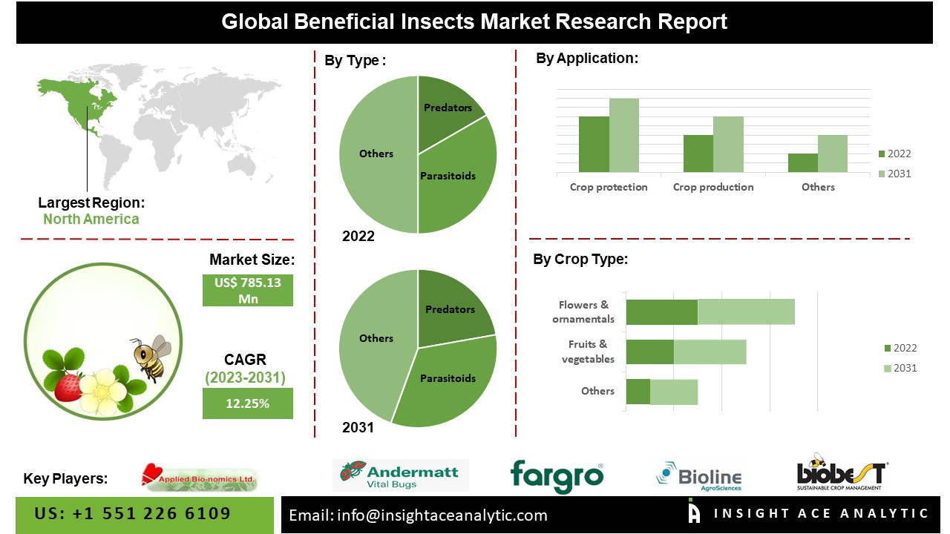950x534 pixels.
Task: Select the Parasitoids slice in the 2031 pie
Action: (449, 382)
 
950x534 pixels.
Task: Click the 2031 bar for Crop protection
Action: (624, 136)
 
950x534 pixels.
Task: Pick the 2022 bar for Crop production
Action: (698, 154)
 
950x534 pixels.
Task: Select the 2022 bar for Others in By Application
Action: (802, 163)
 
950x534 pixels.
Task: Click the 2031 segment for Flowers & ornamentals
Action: (746, 312)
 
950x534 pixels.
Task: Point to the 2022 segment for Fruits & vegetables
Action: (649, 352)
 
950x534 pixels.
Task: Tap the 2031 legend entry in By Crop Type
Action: (900, 368)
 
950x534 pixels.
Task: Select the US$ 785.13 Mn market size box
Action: (248, 290)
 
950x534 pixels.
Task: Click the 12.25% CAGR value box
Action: (248, 404)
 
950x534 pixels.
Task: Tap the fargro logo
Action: (557, 475)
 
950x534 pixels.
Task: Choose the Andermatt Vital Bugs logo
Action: (401, 475)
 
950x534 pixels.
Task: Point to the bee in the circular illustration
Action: (152, 357)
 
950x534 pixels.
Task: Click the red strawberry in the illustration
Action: (68, 387)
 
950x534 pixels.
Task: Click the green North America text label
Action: (91, 219)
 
